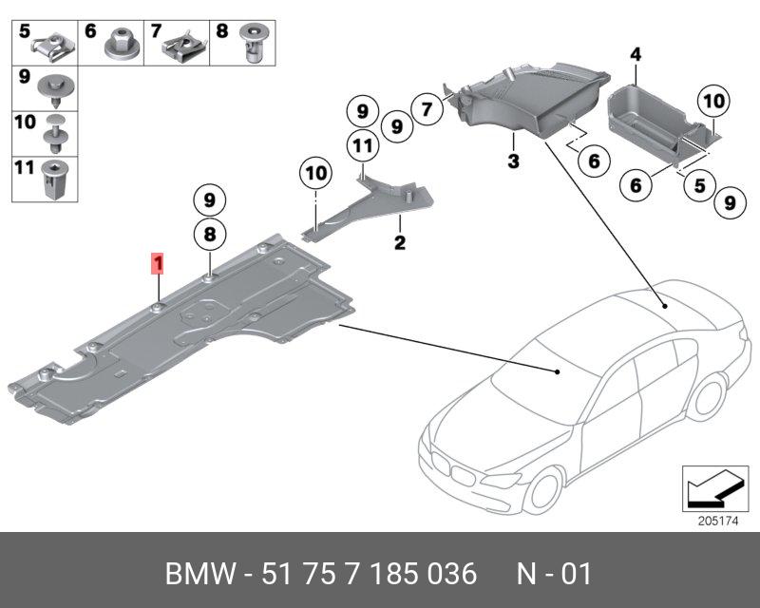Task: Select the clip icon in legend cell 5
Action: pyautogui.click(x=51, y=43)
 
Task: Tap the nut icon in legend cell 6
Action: pyautogui.click(x=121, y=44)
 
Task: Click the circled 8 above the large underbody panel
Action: pyautogui.click(x=210, y=232)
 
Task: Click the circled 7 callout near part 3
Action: pyautogui.click(x=427, y=109)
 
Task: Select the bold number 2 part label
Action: pyautogui.click(x=400, y=244)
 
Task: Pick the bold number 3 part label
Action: pyautogui.click(x=513, y=161)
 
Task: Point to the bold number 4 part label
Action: pyautogui.click(x=636, y=54)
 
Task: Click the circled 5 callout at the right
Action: pyautogui.click(x=698, y=185)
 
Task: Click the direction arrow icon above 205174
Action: pyautogui.click(x=712, y=488)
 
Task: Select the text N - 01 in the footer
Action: pyautogui.click(x=554, y=574)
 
